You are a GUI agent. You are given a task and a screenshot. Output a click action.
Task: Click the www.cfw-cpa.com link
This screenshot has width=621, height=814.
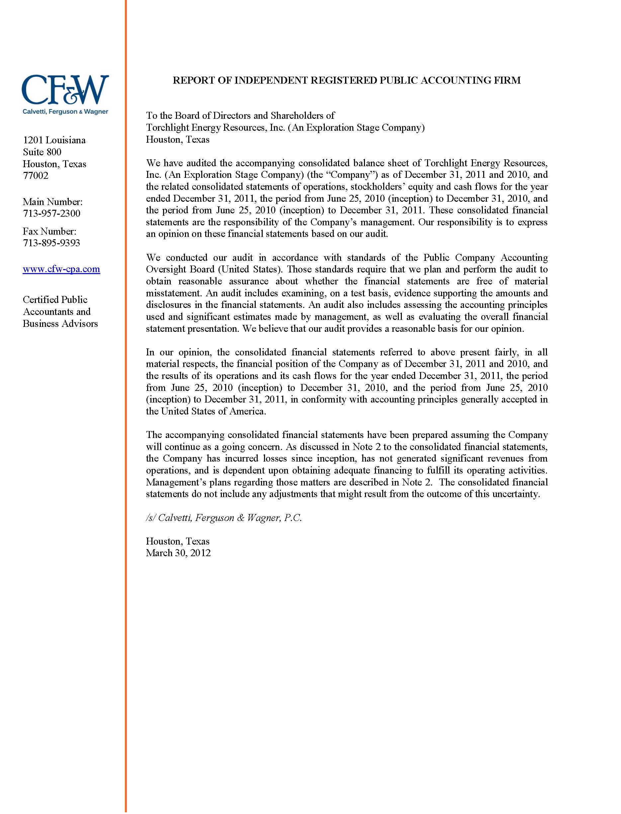point(61,269)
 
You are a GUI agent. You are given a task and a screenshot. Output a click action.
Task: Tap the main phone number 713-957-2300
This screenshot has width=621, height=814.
point(51,213)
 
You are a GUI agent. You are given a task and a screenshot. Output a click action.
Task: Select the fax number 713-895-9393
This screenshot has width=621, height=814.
point(51,243)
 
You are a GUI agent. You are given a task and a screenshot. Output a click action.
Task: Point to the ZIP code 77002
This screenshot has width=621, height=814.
point(36,176)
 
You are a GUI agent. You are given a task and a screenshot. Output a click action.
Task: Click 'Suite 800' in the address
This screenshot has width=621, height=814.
point(42,152)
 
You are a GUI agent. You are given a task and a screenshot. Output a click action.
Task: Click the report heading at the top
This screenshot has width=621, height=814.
point(346,80)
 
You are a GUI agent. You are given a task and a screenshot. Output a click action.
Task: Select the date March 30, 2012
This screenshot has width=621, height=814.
point(178,553)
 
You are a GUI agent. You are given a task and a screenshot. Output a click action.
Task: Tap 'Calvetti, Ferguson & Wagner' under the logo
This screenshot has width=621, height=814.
point(65,112)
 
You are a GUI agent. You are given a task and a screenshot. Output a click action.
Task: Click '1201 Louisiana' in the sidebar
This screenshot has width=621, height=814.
point(54,140)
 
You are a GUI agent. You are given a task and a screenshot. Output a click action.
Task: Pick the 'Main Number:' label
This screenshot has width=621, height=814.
point(53,202)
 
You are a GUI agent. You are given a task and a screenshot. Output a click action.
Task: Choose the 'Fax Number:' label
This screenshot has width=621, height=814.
point(49,231)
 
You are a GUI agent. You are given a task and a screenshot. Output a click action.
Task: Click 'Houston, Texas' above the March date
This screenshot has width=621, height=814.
point(177,541)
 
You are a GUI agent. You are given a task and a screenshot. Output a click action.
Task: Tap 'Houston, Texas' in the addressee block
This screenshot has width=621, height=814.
point(177,139)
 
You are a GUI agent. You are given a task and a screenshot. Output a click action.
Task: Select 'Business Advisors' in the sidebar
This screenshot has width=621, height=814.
point(60,324)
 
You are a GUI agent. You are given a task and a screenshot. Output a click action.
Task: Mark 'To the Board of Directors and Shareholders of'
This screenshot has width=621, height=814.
point(240,115)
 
